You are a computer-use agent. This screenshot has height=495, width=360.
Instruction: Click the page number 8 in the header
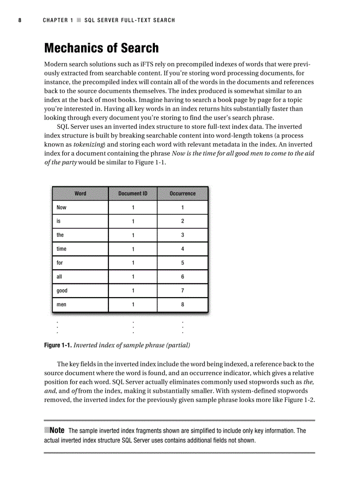(x=20, y=20)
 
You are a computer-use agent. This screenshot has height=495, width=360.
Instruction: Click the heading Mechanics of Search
(x=101, y=48)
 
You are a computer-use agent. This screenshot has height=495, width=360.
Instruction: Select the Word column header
(x=80, y=194)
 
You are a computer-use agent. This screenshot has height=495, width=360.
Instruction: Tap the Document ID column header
(x=133, y=194)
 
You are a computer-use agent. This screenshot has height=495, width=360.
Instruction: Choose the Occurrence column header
(x=183, y=194)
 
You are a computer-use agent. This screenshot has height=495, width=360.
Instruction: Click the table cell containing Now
(x=62, y=208)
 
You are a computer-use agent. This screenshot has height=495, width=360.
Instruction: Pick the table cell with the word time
(x=62, y=249)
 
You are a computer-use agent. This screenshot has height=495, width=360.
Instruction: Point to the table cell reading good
(x=62, y=291)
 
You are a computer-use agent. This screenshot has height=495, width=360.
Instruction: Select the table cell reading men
(x=62, y=305)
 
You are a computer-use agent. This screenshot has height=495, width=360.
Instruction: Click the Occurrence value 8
(x=183, y=305)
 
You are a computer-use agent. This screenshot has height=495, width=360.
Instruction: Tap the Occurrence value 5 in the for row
(x=183, y=263)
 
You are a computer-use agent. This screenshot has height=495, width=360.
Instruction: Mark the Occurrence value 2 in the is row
(x=183, y=221)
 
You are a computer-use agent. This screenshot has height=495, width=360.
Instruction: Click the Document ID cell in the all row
(x=133, y=277)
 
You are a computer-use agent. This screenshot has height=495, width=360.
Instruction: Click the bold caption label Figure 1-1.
(x=58, y=345)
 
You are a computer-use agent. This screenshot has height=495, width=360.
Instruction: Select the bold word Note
(x=57, y=430)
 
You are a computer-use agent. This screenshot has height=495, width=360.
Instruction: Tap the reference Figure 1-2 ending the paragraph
(x=300, y=400)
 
